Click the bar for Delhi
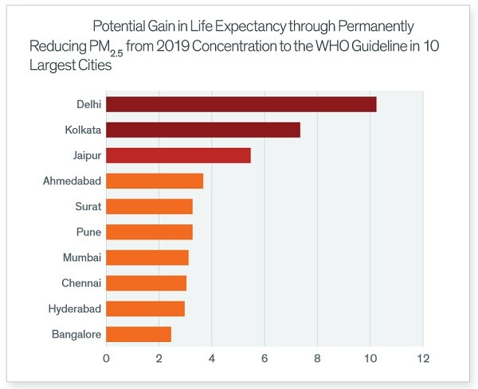pyautogui.click(x=241, y=104)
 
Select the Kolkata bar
pyautogui.click(x=202, y=130)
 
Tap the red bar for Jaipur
pyautogui.click(x=178, y=155)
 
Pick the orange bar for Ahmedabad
pyautogui.click(x=154, y=181)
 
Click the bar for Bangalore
pyautogui.click(x=138, y=334)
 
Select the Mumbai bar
pyautogui.click(x=147, y=258)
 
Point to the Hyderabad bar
pyautogui.click(x=145, y=309)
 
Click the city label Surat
pyautogui.click(x=85, y=207)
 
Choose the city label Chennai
pyautogui.click(x=80, y=283)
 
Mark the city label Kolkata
pyautogui.click(x=80, y=130)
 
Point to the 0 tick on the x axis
pyautogui.click(x=106, y=359)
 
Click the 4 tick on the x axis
pyautogui.click(x=212, y=359)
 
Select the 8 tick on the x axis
pyautogui.click(x=317, y=359)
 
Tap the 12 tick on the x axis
pyautogui.click(x=422, y=359)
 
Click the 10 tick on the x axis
pyautogui.click(x=370, y=359)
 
